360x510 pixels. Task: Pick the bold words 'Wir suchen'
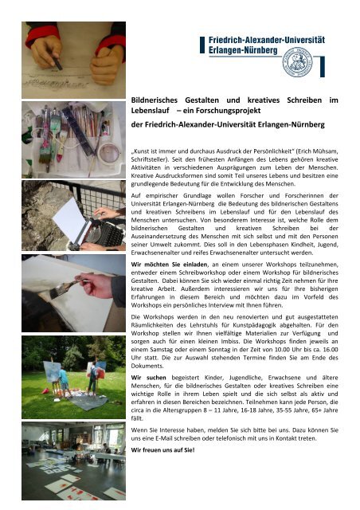(x=147, y=395)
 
